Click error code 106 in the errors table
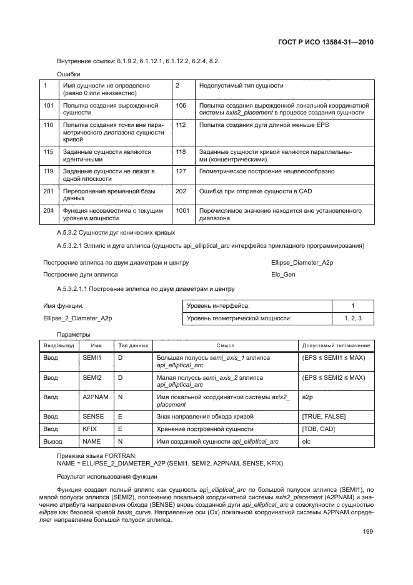[181, 106]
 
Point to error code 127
[181, 171]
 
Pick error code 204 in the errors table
[48, 211]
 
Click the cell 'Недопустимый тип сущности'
[241, 86]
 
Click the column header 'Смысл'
[225, 345]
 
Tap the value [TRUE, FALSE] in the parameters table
[323, 416]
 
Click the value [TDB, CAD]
[318, 429]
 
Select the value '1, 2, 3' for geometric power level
[353, 318]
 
